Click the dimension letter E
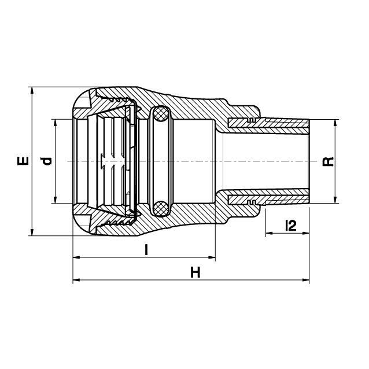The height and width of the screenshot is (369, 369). coord(23,161)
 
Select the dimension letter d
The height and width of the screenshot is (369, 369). coord(46,161)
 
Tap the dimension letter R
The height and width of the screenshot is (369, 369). coord(328,162)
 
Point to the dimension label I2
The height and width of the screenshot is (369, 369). coord(290,226)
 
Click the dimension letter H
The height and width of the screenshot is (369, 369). coord(195,272)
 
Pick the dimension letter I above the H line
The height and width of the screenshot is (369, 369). coord(146,250)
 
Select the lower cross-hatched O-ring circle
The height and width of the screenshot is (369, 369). coord(160,209)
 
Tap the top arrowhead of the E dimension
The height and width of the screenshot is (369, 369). coord(32,90)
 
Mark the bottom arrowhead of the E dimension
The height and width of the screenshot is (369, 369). coord(32,233)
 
